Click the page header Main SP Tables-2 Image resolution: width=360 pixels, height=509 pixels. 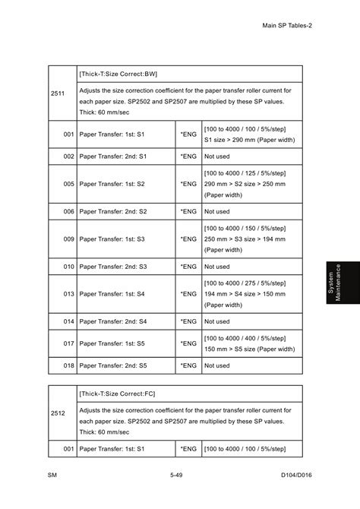point(287,25)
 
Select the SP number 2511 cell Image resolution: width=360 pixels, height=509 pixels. point(58,93)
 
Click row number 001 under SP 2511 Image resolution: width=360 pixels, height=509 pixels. point(68,134)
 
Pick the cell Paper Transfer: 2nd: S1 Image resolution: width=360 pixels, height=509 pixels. point(113,156)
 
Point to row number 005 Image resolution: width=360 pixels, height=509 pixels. point(68,183)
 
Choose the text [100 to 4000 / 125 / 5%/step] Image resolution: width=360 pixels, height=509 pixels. point(244,172)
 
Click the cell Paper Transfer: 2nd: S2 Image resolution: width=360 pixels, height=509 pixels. point(113,211)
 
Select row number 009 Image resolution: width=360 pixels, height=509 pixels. point(68,239)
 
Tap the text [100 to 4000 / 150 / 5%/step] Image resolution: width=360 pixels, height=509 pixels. point(244,228)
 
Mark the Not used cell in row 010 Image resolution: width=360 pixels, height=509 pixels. point(217,267)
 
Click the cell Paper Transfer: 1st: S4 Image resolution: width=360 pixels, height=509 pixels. point(112,293)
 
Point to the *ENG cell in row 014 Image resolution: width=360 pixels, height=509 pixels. point(188,321)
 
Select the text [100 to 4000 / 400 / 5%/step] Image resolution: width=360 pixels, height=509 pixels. point(244,338)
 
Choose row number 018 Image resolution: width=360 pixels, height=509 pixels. point(68,365)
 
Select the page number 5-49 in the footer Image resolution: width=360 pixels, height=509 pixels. point(176,475)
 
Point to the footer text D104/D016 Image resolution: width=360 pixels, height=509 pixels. point(297,475)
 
